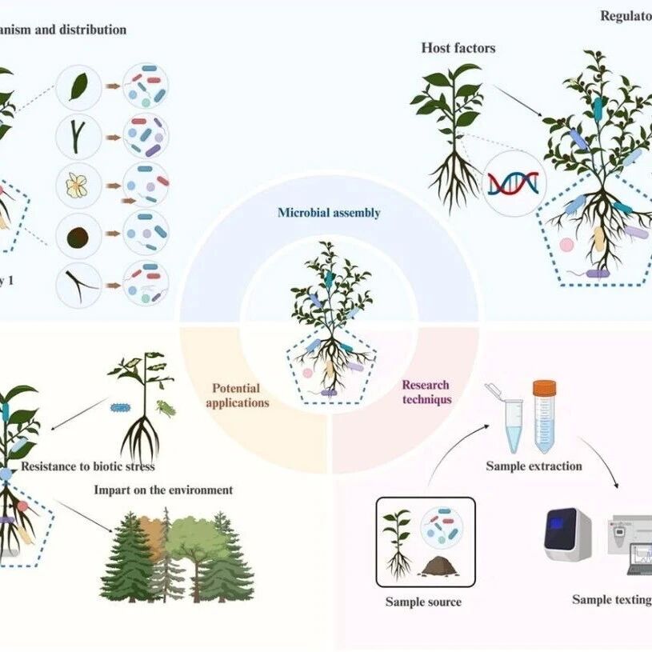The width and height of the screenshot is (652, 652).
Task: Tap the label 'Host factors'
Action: tap(458, 48)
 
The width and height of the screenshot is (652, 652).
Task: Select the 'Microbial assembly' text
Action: tap(329, 213)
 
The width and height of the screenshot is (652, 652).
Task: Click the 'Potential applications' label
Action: tap(237, 395)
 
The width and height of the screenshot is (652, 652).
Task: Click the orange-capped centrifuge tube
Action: tap(544, 416)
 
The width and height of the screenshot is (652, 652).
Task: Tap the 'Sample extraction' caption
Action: tap(534, 466)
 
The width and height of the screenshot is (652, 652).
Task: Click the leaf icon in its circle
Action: tap(78, 86)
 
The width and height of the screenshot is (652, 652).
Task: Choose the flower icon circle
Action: tap(78, 186)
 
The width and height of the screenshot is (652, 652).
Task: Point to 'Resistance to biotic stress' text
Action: tap(88, 466)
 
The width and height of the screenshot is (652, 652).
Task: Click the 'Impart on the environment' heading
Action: tap(163, 490)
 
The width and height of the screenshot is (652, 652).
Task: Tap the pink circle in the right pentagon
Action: tap(567, 244)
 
